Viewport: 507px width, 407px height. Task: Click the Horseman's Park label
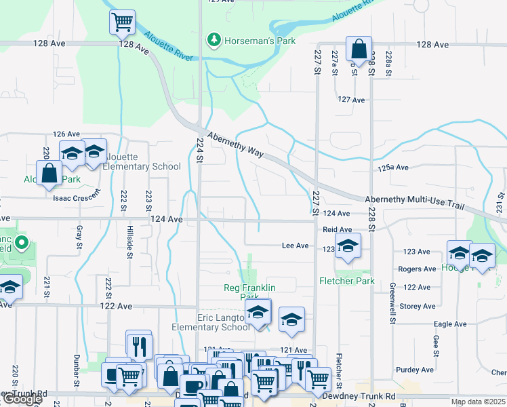pyautogui.click(x=260, y=41)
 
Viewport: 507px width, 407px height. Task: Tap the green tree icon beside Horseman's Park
pyautogui.click(x=214, y=41)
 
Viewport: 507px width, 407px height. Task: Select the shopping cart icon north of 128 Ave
pyautogui.click(x=122, y=22)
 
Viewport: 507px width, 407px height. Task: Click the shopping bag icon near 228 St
pyautogui.click(x=359, y=48)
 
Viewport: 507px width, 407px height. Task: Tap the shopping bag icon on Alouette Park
pyautogui.click(x=49, y=172)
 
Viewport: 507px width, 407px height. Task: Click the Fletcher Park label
pyautogui.click(x=347, y=281)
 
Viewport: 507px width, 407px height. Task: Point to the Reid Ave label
pyautogui.click(x=337, y=230)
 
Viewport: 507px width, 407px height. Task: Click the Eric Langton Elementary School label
pyautogui.click(x=210, y=322)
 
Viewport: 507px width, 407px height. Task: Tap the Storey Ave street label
pyautogui.click(x=418, y=307)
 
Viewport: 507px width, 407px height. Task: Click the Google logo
pyautogui.click(x=22, y=400)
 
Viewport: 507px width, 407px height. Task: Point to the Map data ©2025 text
pyautogui.click(x=479, y=402)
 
